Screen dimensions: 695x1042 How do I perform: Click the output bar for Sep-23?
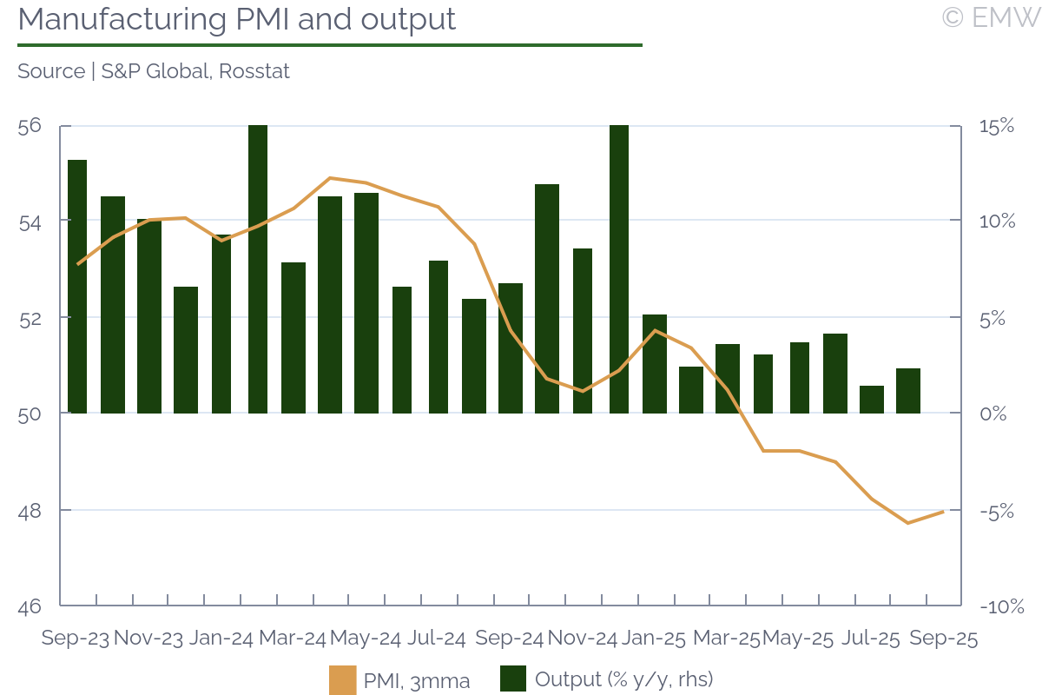coord(77,287)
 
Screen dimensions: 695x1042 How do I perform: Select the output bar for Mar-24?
coord(293,337)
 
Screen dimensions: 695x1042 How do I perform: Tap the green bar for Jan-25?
coord(655,363)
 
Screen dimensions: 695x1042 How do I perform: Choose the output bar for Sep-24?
coord(511,347)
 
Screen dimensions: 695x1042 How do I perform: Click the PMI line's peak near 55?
coord(330,178)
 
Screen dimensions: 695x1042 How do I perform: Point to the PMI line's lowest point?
coord(907,523)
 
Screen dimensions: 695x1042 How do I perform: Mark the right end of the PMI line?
coord(943,512)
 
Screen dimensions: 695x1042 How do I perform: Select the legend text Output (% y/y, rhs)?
coord(623,679)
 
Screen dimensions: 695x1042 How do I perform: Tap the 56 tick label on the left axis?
coord(30,126)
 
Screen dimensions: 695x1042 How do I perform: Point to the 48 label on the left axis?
coord(30,510)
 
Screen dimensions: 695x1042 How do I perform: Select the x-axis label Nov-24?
coord(583,639)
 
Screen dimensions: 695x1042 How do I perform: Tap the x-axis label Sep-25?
coord(943,639)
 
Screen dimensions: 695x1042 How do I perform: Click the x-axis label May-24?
coord(366,639)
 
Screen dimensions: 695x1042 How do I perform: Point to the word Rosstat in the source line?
coord(254,71)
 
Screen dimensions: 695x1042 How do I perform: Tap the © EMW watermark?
coord(991,17)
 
